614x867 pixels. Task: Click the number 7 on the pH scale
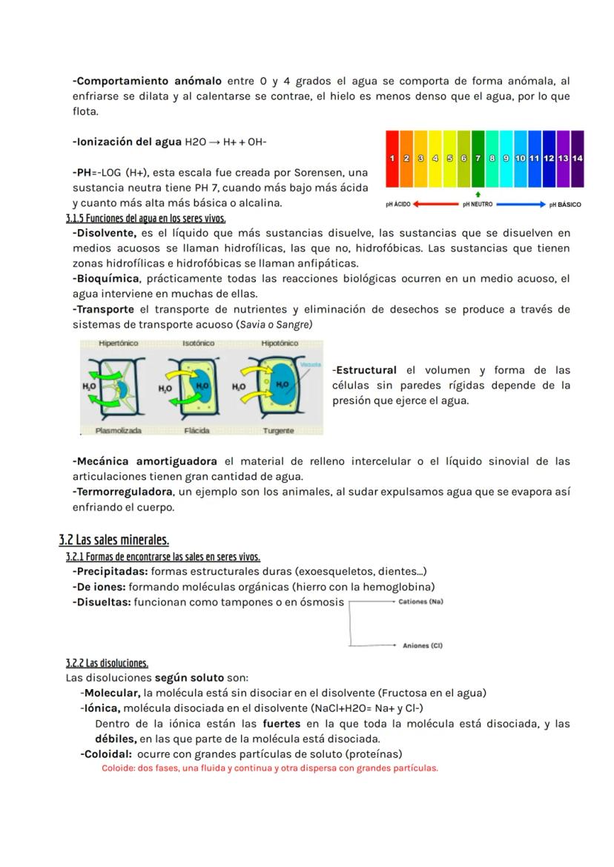point(478,158)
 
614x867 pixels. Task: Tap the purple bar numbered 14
point(578,158)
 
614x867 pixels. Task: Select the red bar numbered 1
point(392,158)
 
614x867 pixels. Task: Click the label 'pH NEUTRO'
point(478,204)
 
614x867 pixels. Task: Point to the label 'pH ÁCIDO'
point(398,204)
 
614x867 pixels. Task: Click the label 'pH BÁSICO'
point(565,204)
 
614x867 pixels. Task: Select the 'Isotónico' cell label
point(199,343)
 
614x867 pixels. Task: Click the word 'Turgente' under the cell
point(278,430)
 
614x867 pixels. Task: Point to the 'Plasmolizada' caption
point(119,430)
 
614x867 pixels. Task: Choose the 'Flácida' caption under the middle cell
point(197,430)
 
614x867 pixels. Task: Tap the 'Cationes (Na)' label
point(420,601)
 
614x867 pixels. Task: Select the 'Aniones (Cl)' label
point(422,646)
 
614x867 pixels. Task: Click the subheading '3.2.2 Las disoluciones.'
point(107,663)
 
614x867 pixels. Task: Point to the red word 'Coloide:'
point(118,768)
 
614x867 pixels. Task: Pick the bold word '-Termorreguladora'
point(122,492)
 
